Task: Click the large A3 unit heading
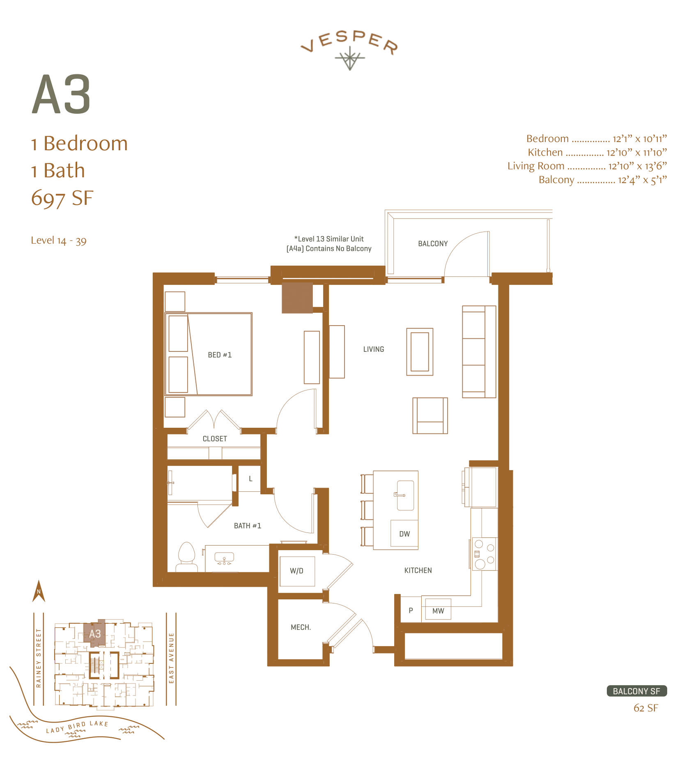tap(61, 95)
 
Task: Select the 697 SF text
tap(62, 198)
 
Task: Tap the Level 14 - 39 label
tap(59, 241)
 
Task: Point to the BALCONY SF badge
tap(636, 691)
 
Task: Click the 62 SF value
tap(645, 708)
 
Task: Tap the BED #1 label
tap(220, 355)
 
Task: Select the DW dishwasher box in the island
tap(404, 534)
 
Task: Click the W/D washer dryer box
tap(297, 571)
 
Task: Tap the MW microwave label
tap(438, 611)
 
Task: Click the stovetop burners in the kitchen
tap(484, 554)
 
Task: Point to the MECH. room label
tap(301, 627)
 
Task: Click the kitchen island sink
tap(405, 495)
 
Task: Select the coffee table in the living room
tap(420, 352)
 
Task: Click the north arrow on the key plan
tap(39, 592)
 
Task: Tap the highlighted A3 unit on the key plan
tap(95, 634)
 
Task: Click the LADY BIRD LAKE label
tap(77, 727)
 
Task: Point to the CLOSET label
tap(215, 439)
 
